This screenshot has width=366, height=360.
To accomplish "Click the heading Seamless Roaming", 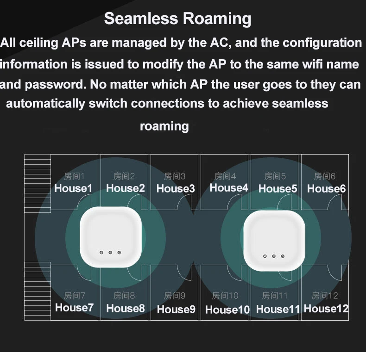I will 178,19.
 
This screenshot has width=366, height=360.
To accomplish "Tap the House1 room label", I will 73,188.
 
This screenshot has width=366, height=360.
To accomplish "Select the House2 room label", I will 125,188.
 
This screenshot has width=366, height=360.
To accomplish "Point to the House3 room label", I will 176,188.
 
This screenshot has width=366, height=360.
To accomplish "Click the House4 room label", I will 228,188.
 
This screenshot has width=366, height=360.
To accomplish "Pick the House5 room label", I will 278,188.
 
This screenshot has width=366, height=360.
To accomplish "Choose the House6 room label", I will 326,188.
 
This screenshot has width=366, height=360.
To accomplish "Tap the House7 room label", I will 74,307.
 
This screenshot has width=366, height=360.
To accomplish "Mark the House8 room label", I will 126,308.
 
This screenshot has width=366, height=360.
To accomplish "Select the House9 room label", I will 176,309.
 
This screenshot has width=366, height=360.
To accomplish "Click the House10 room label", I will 227,310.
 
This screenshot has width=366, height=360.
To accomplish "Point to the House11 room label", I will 278,309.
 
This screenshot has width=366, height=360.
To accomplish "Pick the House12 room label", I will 326,308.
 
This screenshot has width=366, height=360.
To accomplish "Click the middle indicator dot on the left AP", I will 110,252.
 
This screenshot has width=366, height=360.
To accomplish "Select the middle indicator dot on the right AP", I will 274,255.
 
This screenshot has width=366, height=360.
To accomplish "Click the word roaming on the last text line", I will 164,126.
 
